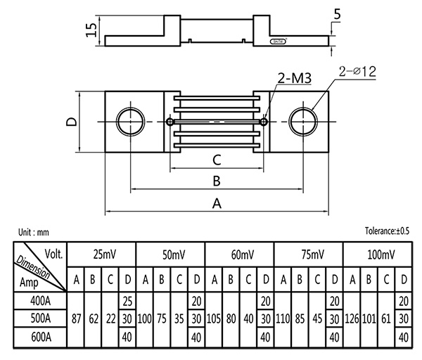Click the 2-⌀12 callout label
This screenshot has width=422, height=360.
point(358,71)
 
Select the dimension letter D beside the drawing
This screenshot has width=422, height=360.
point(71,122)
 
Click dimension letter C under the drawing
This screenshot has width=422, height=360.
point(217,160)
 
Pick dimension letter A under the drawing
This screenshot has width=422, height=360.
point(217,204)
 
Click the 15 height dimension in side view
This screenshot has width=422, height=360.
point(89,29)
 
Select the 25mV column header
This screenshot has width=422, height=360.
point(101,254)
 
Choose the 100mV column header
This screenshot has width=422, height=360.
point(377,254)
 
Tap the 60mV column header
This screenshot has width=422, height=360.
point(239,254)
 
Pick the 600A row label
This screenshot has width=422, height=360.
point(40,337)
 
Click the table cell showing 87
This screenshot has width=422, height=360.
point(76,319)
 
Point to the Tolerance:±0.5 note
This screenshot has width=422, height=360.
point(387,231)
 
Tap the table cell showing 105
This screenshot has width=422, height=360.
point(215,319)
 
